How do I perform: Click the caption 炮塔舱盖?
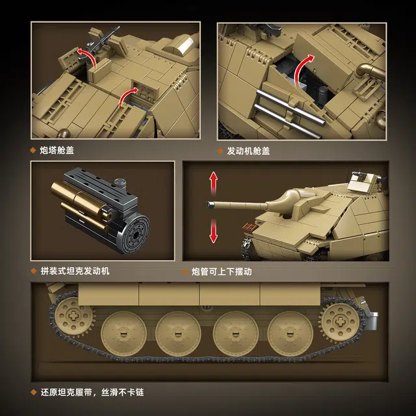(x=57, y=150)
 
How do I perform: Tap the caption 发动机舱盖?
(x=248, y=151)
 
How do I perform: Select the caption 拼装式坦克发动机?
(x=75, y=271)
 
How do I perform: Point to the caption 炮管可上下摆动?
(x=222, y=272)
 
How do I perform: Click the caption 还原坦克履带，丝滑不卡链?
(x=92, y=393)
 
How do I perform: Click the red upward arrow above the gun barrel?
(x=214, y=183)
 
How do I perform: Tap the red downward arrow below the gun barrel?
(x=214, y=231)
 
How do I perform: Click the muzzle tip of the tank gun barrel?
(x=211, y=205)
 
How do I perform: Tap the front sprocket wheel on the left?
(x=72, y=316)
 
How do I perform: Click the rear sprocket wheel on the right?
(x=340, y=322)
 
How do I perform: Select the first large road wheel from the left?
(x=123, y=333)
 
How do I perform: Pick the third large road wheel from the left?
(x=235, y=333)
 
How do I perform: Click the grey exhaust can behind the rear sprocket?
(x=372, y=320)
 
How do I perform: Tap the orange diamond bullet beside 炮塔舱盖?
(x=33, y=150)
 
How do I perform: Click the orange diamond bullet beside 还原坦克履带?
(x=33, y=392)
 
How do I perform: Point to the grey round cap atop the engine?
(x=120, y=183)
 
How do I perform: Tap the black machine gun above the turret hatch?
(x=102, y=41)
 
